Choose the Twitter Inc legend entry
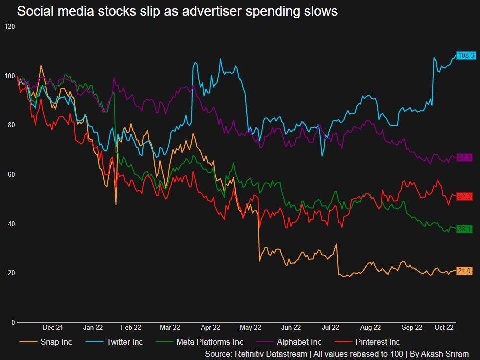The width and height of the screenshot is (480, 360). pos(125,342)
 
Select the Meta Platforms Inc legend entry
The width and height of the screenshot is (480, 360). pos(210,342)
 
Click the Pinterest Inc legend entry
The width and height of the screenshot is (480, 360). pos(378,342)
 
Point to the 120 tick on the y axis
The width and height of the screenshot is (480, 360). pos(10,26)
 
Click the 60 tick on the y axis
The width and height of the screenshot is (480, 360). pos(11,174)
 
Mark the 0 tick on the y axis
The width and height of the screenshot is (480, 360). pos(13,322)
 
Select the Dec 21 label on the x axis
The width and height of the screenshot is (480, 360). pos(53,328)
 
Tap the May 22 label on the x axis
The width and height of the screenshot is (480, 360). pos(251,328)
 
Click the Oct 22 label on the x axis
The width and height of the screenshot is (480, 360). pos(444,328)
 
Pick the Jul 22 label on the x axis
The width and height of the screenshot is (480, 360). pos(330,328)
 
